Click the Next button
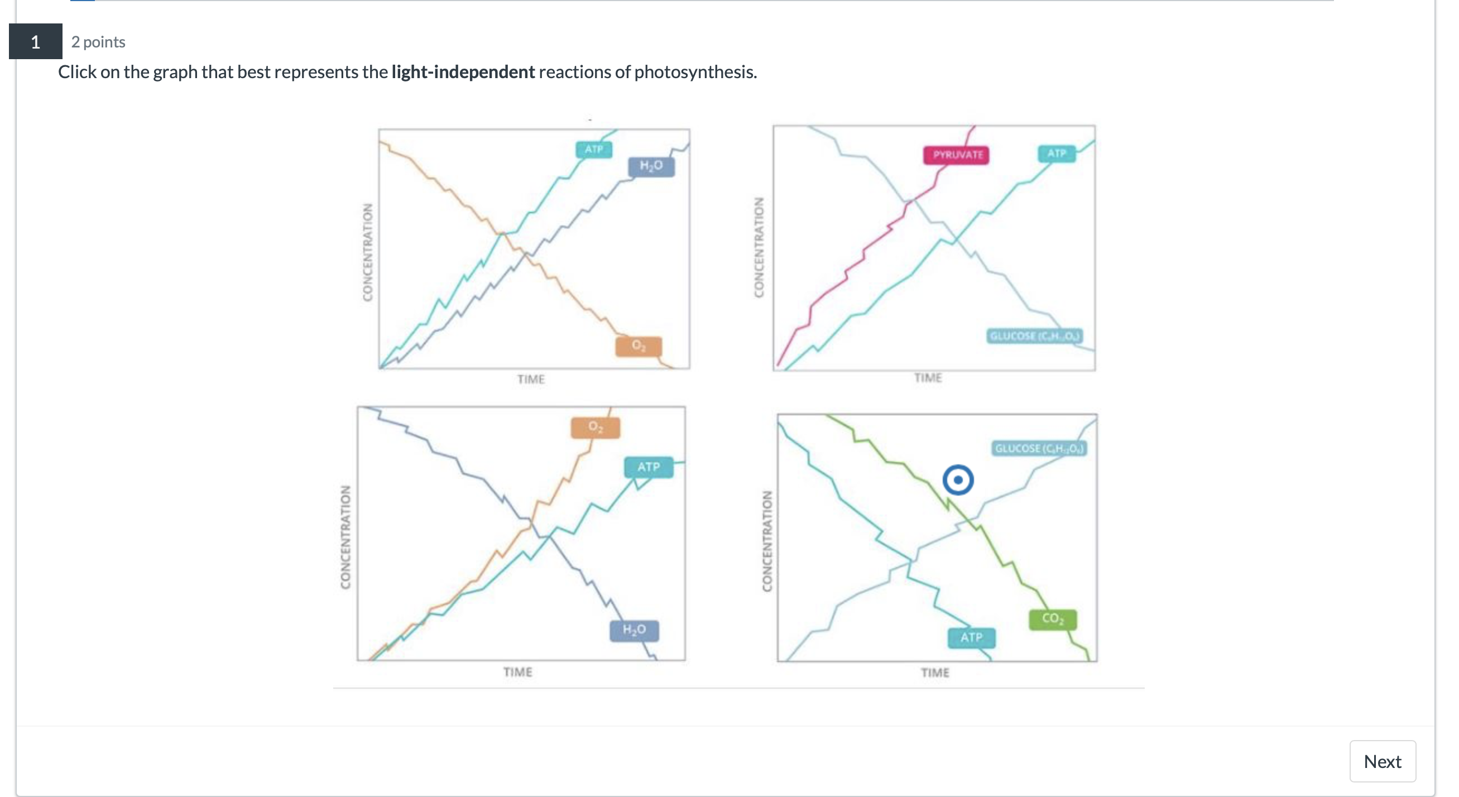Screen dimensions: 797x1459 point(1381,761)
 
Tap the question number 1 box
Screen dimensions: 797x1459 point(35,41)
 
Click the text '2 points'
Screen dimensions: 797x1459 point(98,42)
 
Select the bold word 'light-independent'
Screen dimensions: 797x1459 point(463,72)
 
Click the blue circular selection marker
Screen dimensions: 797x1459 point(957,480)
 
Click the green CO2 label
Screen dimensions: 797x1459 point(1052,618)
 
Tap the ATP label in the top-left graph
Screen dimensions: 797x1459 point(593,149)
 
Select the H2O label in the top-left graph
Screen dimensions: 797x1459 point(651,165)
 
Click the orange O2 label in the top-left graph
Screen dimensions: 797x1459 point(638,345)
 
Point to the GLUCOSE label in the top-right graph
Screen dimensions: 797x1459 point(1034,336)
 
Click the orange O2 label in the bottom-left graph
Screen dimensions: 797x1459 point(594,426)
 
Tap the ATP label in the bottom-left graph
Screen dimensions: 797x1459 point(648,467)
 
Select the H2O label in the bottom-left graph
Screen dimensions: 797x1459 point(634,630)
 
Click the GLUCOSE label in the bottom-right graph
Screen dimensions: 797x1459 point(1039,448)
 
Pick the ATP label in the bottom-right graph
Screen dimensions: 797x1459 point(971,637)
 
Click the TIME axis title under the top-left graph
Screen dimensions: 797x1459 point(530,379)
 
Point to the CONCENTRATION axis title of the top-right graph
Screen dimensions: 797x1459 point(759,247)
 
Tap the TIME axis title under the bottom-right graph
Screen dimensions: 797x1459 point(934,673)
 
